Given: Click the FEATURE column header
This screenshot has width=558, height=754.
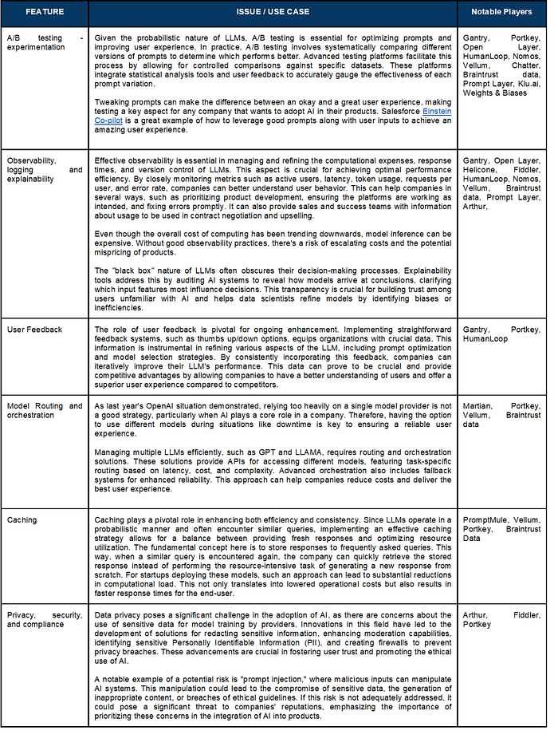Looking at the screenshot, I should (x=44, y=12).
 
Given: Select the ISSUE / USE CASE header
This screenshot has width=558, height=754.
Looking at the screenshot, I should (x=273, y=12).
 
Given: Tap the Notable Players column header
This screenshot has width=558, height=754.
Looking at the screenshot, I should (x=501, y=12).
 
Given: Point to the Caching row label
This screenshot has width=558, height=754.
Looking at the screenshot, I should (x=22, y=520).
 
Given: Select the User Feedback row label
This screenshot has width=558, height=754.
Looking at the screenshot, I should (x=35, y=330).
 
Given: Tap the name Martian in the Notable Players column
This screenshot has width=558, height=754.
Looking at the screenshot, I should (x=477, y=406).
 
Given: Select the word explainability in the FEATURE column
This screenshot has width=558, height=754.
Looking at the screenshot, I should (x=31, y=180).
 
